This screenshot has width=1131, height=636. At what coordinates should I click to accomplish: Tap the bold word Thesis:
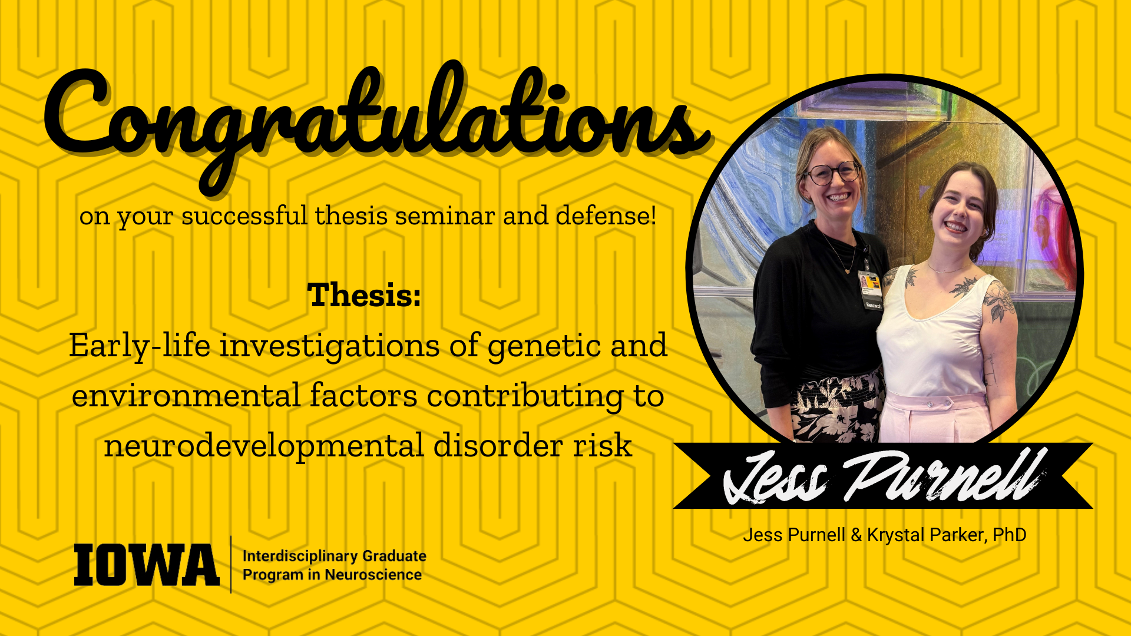pyautogui.click(x=365, y=295)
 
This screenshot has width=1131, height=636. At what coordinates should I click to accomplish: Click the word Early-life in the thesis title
pyautogui.click(x=140, y=345)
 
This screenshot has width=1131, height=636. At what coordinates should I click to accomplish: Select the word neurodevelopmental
pyautogui.click(x=264, y=446)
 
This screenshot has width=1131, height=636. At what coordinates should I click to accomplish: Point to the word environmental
pyautogui.click(x=186, y=396)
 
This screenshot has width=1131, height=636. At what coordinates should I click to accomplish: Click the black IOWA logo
pyautogui.click(x=146, y=565)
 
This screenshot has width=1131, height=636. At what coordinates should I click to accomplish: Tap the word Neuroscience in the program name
pyautogui.click(x=373, y=575)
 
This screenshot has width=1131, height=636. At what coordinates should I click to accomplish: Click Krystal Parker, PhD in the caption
pyautogui.click(x=946, y=535)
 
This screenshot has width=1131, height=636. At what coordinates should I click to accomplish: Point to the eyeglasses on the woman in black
pyautogui.click(x=832, y=173)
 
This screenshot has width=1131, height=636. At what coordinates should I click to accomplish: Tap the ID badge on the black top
pyautogui.click(x=870, y=289)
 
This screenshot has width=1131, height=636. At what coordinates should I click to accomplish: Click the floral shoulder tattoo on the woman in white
pyautogui.click(x=999, y=300)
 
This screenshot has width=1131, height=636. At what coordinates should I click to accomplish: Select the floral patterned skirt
pyautogui.click(x=836, y=409)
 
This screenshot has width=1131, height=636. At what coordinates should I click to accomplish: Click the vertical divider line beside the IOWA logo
pyautogui.click(x=231, y=564)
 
